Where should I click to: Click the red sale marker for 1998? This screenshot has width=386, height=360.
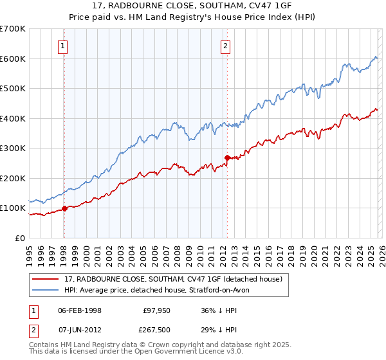tap(64, 208)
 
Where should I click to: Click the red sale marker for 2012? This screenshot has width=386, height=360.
tap(227, 157)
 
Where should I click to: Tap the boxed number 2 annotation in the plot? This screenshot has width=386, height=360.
tap(226, 46)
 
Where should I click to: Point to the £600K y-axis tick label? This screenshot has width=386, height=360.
tap(13, 59)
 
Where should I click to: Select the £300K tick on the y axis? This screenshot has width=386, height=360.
tap(13, 148)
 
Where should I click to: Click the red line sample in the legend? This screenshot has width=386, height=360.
tap(46, 280)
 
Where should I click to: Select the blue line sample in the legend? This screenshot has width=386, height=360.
tap(46, 291)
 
